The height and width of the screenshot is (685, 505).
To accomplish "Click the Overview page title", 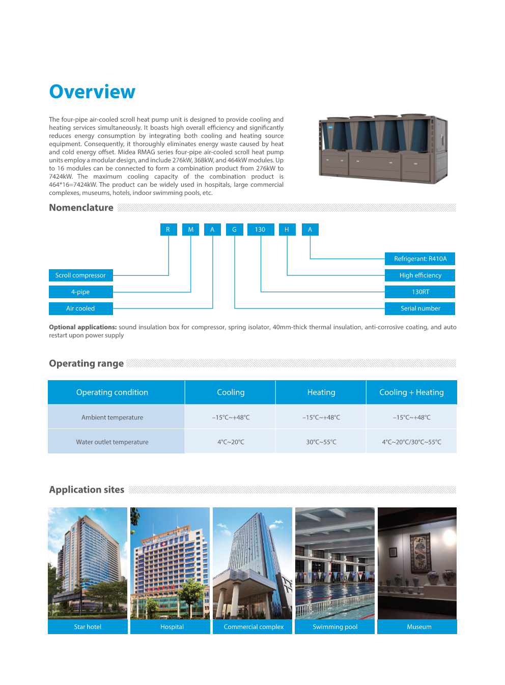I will [x=92, y=92].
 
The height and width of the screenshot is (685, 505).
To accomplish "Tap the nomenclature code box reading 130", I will [x=260, y=230].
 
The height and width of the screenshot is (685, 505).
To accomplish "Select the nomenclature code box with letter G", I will [x=234, y=230].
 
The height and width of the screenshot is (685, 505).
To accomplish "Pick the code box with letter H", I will [x=287, y=230].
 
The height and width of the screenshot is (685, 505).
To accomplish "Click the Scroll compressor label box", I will [x=80, y=275].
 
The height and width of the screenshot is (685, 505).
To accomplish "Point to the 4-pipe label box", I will [x=80, y=292].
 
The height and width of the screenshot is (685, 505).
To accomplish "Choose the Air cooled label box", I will [x=80, y=308].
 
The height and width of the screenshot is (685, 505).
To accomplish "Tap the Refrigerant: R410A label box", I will [x=420, y=259].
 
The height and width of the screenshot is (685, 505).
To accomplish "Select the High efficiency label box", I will [x=420, y=275].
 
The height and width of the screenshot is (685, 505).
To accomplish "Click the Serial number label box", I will [x=420, y=308].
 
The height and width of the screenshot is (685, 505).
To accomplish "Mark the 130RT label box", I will [x=420, y=292].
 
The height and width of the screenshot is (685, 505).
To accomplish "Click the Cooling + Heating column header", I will [x=411, y=392].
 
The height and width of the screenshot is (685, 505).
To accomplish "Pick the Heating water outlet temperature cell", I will [x=321, y=442].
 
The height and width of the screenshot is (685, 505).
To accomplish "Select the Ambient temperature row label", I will [x=112, y=417].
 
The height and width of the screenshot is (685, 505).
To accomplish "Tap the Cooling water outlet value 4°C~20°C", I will [x=231, y=442].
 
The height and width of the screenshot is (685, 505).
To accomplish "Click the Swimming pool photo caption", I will [x=335, y=626].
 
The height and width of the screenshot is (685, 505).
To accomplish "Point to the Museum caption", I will [x=419, y=626].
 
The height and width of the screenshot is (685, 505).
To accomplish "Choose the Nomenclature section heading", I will [x=81, y=208].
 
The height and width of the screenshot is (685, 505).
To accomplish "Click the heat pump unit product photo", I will [x=383, y=148].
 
